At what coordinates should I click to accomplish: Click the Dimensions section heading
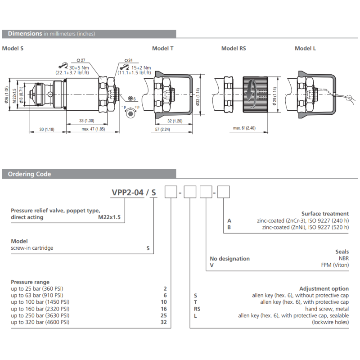[x=25, y=34]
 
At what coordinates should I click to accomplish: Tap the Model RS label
[x=234, y=49]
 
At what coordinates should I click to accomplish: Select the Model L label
[x=305, y=49]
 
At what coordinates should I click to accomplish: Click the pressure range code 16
[x=163, y=309]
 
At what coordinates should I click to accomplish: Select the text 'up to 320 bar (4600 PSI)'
[x=40, y=322]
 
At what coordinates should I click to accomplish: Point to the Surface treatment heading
[x=325, y=214]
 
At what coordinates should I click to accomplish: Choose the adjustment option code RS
[x=197, y=309]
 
